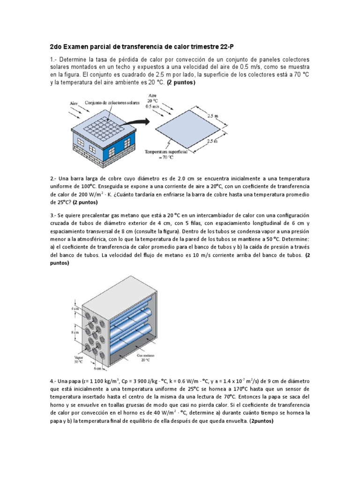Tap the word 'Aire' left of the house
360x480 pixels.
pos(75,103)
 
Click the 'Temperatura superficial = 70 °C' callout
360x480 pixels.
pos(166,155)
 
